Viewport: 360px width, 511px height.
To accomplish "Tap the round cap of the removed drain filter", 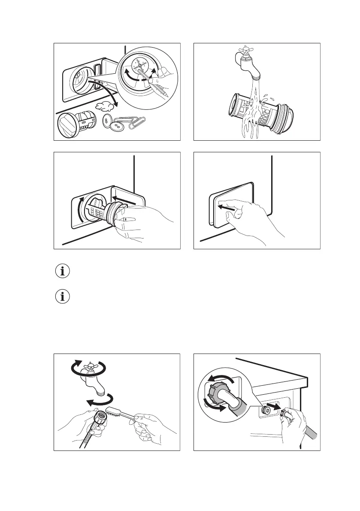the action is (x=67, y=126).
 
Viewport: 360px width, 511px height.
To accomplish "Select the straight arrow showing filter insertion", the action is (x=126, y=200).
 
